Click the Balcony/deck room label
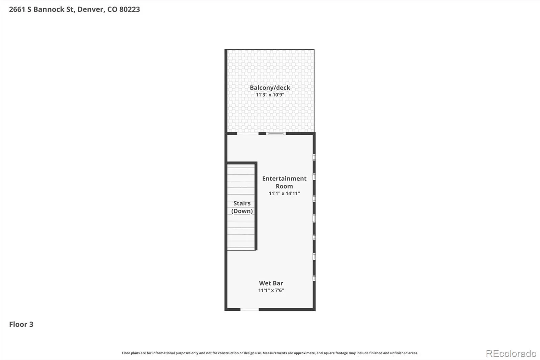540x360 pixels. [x=270, y=87]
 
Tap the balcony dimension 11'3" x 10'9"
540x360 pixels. [x=270, y=95]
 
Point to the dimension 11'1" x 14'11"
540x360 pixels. [x=284, y=193]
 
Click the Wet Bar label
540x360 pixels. [x=271, y=283]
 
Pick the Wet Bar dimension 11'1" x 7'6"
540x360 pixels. [x=271, y=290]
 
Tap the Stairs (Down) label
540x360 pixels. [x=242, y=207]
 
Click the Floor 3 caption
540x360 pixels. [x=21, y=324]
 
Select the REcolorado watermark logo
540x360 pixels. [x=511, y=354]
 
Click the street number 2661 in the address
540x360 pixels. [x=17, y=9]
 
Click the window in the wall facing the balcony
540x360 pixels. [x=276, y=133]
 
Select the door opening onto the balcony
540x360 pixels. [x=248, y=133]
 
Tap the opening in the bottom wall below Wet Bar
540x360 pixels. [x=249, y=309]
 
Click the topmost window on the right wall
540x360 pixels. [x=314, y=157]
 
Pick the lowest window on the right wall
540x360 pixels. [x=314, y=278]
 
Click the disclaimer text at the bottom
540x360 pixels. [x=270, y=353]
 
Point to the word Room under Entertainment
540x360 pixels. [x=284, y=186]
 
